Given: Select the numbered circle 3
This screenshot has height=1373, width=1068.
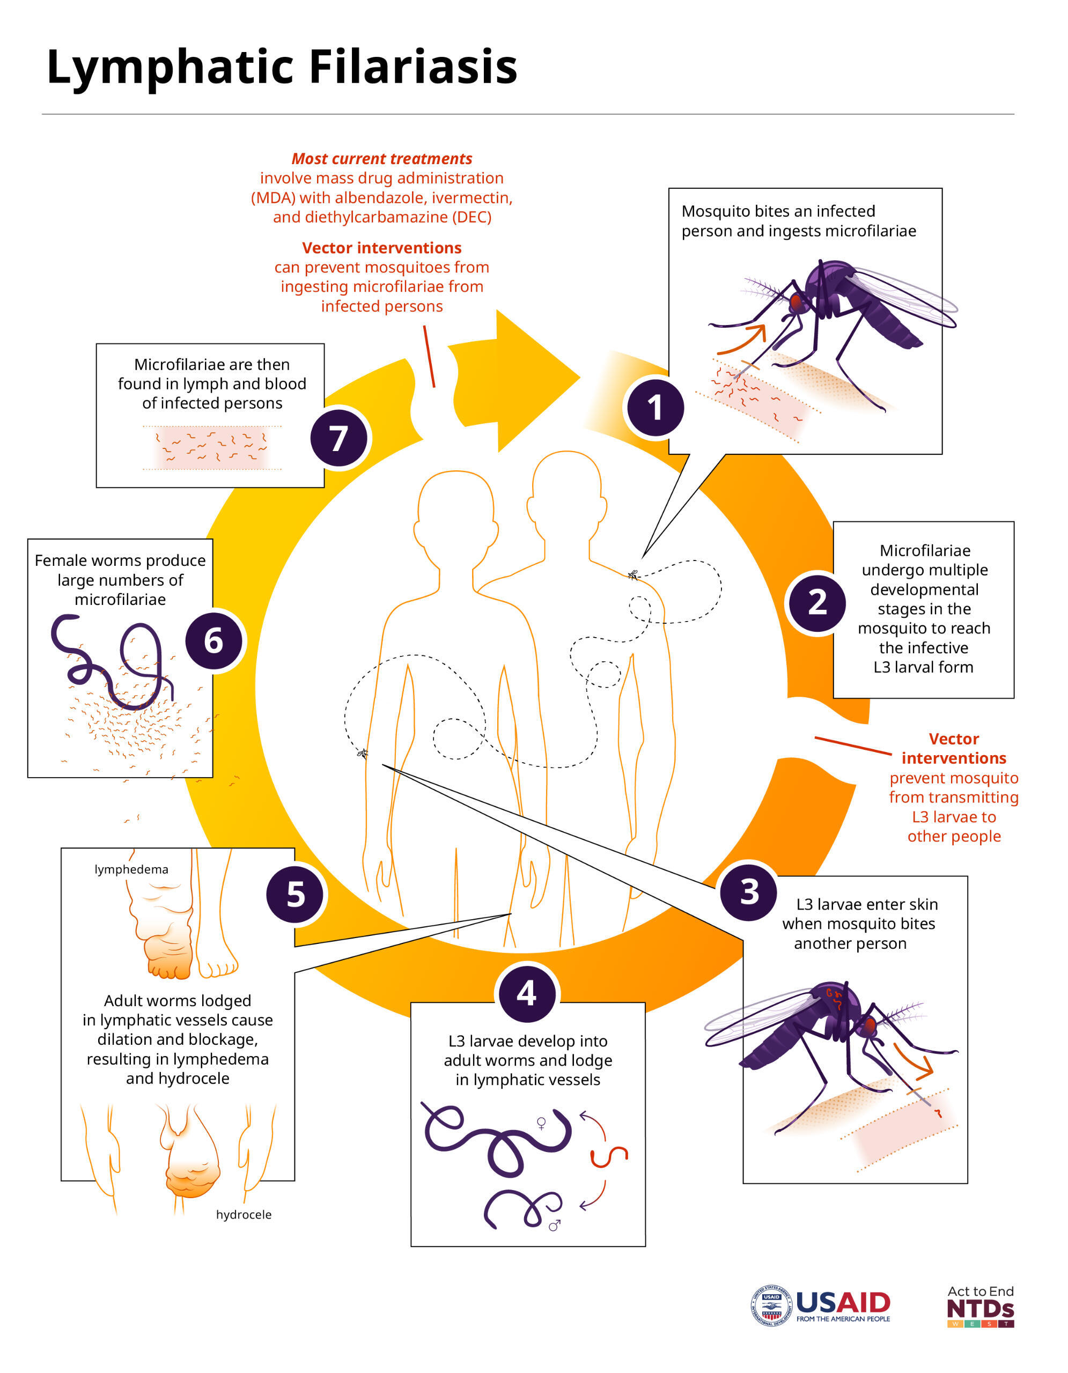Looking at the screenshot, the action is tap(749, 891).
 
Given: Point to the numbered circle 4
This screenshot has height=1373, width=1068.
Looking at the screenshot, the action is tap(527, 993).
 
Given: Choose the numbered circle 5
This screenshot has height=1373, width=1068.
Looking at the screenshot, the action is tap(296, 894).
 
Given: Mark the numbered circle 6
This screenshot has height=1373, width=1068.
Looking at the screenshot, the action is tap(213, 641).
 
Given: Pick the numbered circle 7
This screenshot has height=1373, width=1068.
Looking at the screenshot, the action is tap(340, 438).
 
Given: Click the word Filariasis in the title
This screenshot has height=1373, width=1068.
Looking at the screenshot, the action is tap(413, 67).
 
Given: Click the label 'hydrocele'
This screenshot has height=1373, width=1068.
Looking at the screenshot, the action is tap(244, 1215).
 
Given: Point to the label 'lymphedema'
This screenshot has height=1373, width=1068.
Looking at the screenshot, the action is tap(131, 869).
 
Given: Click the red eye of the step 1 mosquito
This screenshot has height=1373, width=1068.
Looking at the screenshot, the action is tap(797, 303).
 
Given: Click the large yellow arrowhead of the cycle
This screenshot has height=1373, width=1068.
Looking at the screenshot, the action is tap(537, 380).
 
